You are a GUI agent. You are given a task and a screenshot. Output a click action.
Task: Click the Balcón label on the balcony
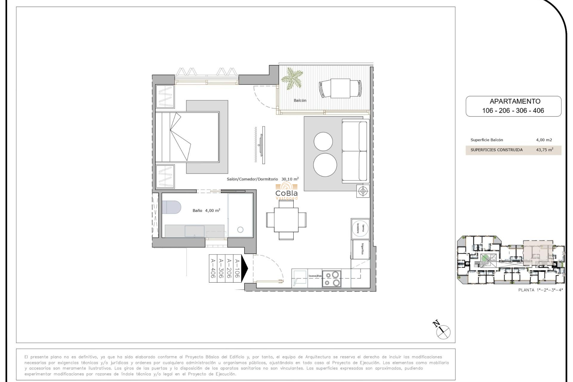point(300,101)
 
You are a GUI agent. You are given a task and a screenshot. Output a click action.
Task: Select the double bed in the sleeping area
point(187,137)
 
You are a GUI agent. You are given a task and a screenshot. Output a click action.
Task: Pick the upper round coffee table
point(323,141)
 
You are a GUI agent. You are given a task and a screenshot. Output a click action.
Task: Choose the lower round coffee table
point(325,165)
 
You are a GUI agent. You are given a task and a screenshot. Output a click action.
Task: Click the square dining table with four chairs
point(286,220)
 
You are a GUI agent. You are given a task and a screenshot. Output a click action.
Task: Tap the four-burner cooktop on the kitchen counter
point(332,279)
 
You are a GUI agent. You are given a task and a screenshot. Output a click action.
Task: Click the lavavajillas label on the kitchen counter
point(315,276)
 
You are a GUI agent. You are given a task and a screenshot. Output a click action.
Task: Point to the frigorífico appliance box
point(361,249)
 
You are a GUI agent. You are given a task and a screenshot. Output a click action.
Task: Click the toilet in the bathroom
point(171,207)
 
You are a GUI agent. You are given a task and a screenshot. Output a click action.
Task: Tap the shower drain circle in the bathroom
point(240,230)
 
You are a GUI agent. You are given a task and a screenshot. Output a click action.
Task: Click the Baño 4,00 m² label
point(206,211)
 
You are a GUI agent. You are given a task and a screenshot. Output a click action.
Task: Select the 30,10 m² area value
point(290,179)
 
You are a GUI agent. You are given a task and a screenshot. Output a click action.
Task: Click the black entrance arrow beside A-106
point(244,268)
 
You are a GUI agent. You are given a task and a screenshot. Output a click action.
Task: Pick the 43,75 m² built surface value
point(544,150)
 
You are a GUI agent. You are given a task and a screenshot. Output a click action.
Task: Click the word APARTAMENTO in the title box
point(515,101)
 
